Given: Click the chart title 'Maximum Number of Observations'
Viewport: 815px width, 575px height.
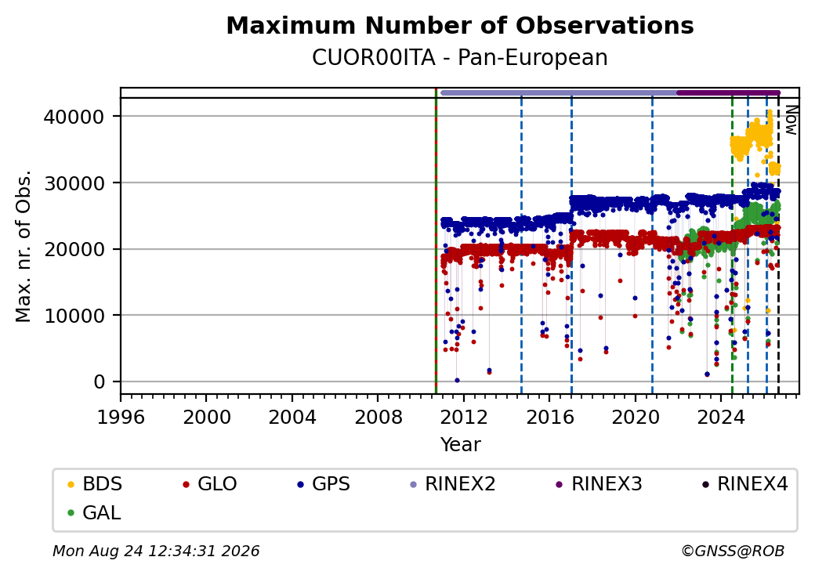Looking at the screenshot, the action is [460, 25].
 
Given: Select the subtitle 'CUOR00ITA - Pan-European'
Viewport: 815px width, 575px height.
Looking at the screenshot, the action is [460, 58].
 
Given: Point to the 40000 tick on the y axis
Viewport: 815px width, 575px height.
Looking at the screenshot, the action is [74, 117].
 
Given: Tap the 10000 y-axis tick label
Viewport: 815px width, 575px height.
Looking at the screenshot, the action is [74, 315].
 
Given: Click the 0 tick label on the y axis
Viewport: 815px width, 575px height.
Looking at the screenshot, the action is [99, 382].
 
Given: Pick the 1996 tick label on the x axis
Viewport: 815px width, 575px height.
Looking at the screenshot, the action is [121, 417].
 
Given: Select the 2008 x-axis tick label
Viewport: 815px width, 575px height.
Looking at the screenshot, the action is [378, 417].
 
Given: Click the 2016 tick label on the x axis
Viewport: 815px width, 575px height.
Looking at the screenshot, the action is [549, 417].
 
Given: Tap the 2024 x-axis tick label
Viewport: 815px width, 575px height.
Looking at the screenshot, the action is [721, 417].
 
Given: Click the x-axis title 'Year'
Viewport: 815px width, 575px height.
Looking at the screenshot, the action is [461, 445].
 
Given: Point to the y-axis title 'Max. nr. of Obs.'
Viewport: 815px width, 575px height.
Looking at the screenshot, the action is [24, 245].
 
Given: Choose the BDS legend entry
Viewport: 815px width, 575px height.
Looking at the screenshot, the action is [96, 484].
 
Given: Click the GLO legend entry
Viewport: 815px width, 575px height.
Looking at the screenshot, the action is [210, 484].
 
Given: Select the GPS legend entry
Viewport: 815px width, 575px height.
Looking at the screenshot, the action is [324, 484].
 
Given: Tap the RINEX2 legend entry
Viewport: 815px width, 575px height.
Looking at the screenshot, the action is [453, 484].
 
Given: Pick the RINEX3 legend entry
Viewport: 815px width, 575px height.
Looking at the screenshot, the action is [599, 484].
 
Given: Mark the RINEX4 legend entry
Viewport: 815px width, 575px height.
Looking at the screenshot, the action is [745, 484].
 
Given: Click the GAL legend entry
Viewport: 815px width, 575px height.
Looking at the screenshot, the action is [95, 512].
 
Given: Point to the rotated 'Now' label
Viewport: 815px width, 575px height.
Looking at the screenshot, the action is [791, 120].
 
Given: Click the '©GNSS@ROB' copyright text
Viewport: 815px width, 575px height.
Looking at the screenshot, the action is [733, 551].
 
